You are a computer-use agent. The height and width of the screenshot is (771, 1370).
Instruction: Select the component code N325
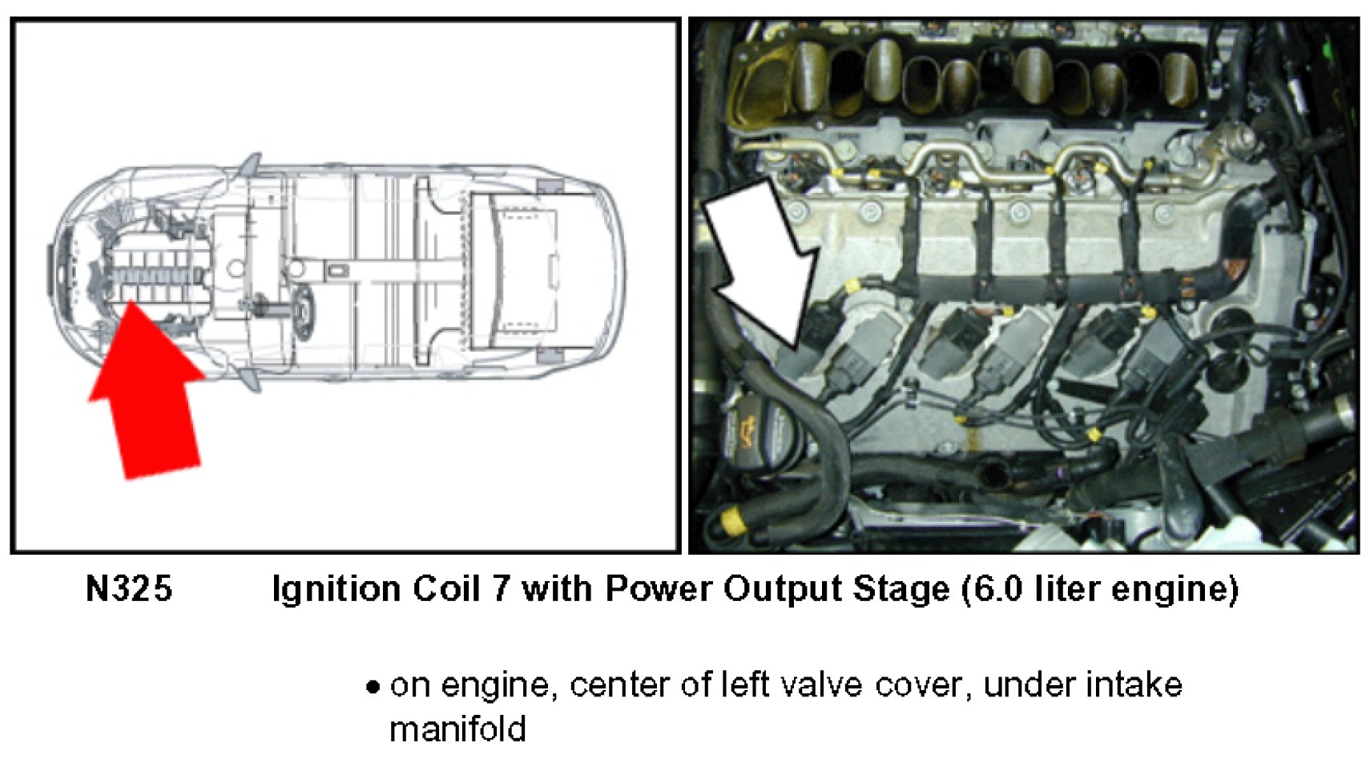pyautogui.click(x=129, y=589)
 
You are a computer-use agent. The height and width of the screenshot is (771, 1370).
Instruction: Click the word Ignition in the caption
pyautogui.click(x=337, y=589)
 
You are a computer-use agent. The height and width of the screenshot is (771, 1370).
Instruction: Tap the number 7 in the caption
pyautogui.click(x=498, y=589)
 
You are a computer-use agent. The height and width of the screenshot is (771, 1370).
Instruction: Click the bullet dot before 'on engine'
pyautogui.click(x=373, y=687)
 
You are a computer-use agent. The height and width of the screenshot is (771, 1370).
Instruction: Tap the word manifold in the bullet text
pyautogui.click(x=457, y=729)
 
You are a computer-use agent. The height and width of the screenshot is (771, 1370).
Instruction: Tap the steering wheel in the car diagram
pyautogui.click(x=303, y=312)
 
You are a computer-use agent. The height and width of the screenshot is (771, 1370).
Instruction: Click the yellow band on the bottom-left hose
pyautogui.click(x=732, y=520)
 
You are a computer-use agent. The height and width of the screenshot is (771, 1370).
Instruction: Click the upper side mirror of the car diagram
pyautogui.click(x=251, y=164)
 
